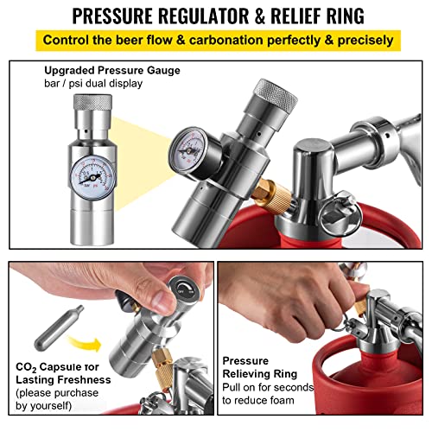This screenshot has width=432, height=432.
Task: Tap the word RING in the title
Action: click(339, 15)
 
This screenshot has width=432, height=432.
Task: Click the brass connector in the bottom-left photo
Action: click(165, 384)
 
